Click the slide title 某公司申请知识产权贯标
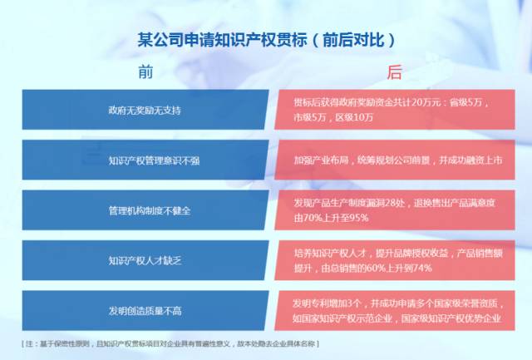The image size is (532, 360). pos(222,40)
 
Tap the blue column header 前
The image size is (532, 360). pos(145,72)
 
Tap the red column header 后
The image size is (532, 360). pos(394,72)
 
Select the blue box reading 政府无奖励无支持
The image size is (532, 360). pos(145,110)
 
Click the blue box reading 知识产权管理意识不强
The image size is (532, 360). pos(145,160)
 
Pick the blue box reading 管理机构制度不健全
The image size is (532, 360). pos(145,210)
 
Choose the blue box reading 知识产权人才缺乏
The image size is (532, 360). pos(145,260)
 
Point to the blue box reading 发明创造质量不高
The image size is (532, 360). pos(145,310)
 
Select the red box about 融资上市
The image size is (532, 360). pos(395,160)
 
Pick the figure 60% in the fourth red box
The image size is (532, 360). pos(376,268)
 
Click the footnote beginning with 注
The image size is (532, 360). pos(170,343)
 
